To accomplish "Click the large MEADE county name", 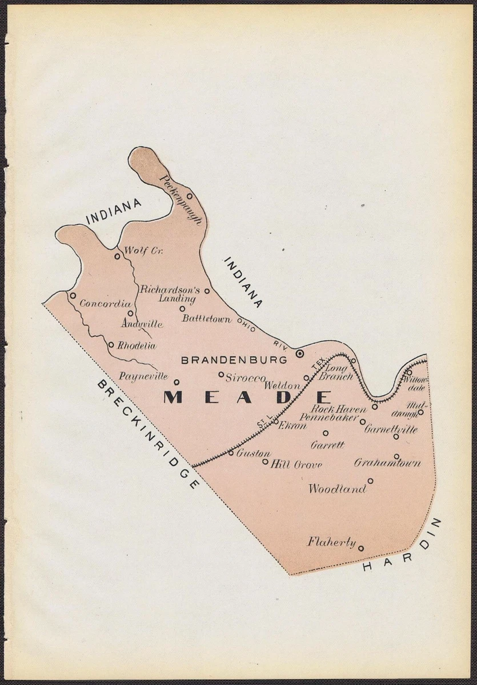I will pos(247,397).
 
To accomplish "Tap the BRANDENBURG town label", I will pos(234,360).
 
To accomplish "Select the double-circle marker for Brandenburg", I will pos(299,354).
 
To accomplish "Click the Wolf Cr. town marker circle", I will pos(117,256).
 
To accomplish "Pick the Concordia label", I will pos(105,304).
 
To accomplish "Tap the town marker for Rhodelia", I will pos(111,345).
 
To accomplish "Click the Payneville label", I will pos(143,376).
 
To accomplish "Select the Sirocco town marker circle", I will pos(221,375).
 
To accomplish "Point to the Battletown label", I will pos(207,319).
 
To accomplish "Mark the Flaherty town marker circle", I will pos(360,549).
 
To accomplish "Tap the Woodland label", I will pos(337,489).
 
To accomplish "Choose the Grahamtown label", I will pos(387,463).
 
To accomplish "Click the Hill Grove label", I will pos(296,465).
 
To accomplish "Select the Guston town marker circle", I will pos(231,453).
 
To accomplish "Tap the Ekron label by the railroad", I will pos(292,425).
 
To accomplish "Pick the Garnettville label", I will pos(391,429).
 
